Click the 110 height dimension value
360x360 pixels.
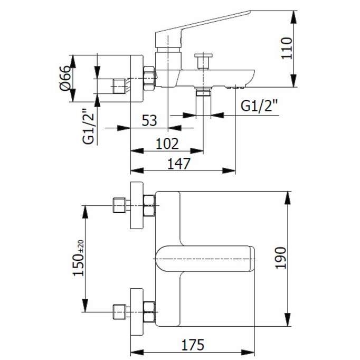pyautogui.click(x=286, y=49)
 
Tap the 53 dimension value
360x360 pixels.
pyautogui.click(x=149, y=120)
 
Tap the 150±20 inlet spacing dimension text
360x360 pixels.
pyautogui.click(x=79, y=257)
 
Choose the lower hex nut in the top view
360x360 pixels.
pyautogui.click(x=149, y=312)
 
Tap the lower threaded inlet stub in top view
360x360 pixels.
pyautogui.click(x=120, y=312)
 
